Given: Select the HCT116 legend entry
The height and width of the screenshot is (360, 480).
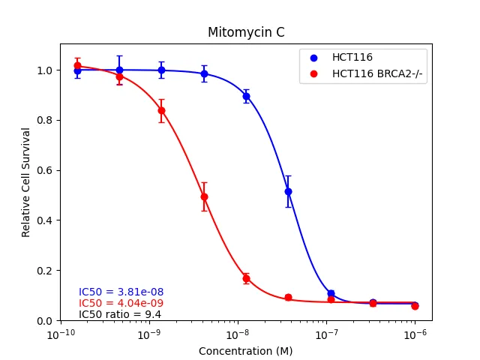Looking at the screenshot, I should coord(352,57).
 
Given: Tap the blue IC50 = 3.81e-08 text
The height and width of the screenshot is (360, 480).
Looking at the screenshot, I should coord(121,292).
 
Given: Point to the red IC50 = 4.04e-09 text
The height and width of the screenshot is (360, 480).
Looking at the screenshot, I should coord(121,303).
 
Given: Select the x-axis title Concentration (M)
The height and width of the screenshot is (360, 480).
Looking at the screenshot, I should coord(245,351).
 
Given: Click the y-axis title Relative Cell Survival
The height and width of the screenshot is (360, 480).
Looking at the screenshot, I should coord(26,182).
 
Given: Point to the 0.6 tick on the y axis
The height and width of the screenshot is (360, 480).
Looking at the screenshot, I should coord(45,170).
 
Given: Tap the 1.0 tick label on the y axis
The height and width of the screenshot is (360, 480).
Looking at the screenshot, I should coord(45,70).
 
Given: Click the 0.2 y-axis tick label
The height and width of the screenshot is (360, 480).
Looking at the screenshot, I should coord(45,271).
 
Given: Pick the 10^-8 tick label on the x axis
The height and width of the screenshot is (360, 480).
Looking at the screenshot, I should coord(238,334).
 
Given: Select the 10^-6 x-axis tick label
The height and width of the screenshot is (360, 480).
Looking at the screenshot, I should coord(415,334).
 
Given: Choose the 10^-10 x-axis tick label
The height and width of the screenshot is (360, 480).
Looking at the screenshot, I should coord(60,334).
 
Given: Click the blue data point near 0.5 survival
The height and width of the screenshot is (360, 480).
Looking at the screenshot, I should coord(288,191).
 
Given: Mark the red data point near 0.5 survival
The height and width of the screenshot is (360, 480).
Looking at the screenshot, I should coord(204,196).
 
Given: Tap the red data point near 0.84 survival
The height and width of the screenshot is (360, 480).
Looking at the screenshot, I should coord(161,110).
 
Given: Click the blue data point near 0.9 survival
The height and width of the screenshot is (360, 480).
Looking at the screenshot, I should coord(246,96).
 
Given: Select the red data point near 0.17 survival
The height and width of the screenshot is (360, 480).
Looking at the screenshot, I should coord(246,278).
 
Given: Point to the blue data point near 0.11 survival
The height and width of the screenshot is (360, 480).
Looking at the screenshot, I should coord(331,293).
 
